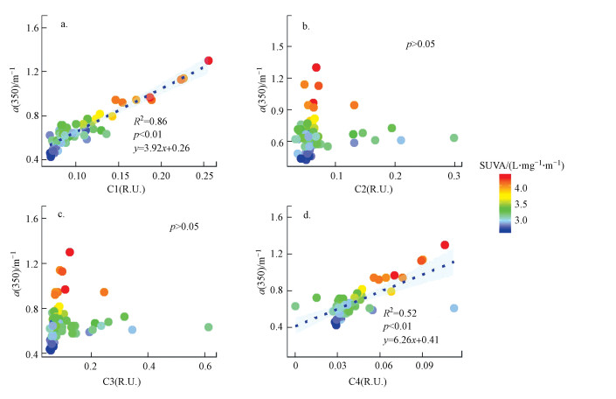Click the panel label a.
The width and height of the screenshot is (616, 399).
click(64, 24)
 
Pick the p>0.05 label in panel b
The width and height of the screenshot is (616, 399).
click(420, 43)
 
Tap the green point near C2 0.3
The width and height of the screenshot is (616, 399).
click(454, 137)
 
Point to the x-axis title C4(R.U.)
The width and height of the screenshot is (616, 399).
click(377, 382)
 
